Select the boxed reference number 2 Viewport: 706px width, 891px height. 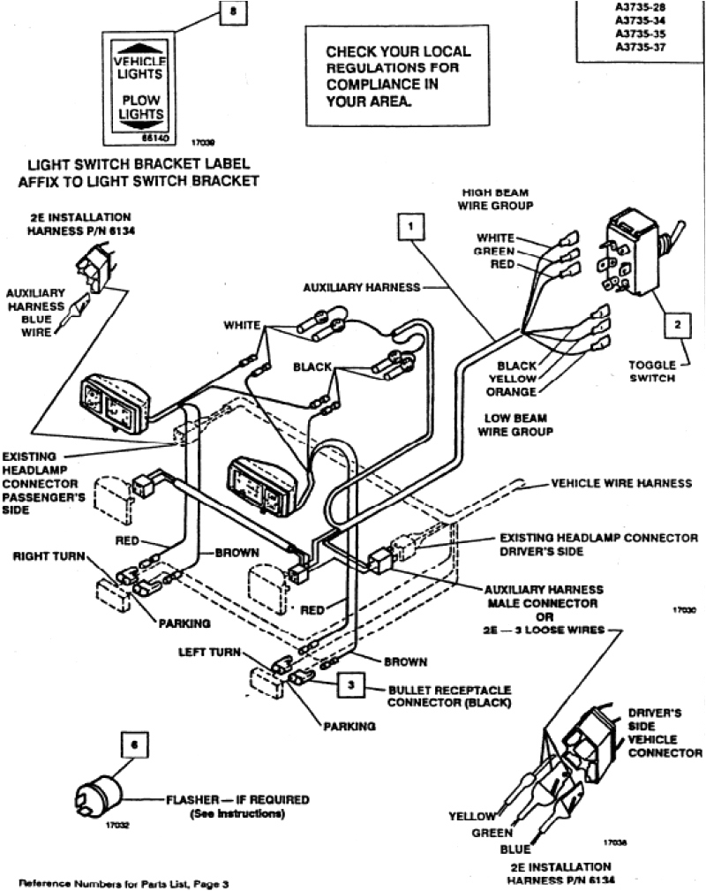[677, 324]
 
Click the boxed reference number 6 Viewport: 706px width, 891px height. [133, 744]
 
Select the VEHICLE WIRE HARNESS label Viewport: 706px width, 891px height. [621, 484]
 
